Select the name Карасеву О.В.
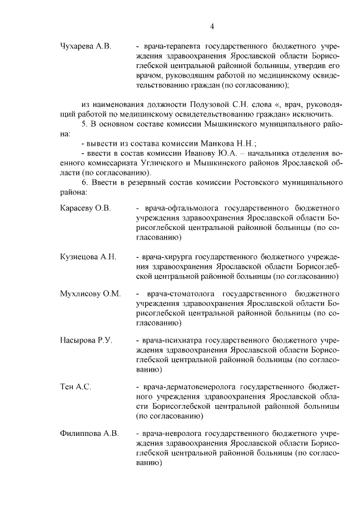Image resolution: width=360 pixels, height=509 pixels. click(85, 208)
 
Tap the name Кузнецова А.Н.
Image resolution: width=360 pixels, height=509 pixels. click(88, 257)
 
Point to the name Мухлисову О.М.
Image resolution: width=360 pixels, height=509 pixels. click(90, 294)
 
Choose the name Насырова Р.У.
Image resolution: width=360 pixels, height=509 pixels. click(86, 341)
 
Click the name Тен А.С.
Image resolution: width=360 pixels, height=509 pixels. click(75, 388)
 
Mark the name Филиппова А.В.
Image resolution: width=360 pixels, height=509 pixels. click(89, 434)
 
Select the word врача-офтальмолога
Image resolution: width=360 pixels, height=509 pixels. click(177, 208)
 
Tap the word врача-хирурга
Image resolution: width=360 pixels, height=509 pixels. click(166, 257)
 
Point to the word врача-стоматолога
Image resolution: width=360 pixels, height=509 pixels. click(180, 294)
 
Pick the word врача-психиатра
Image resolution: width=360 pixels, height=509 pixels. click(169, 341)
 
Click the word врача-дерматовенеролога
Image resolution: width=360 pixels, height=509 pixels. click(188, 388)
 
